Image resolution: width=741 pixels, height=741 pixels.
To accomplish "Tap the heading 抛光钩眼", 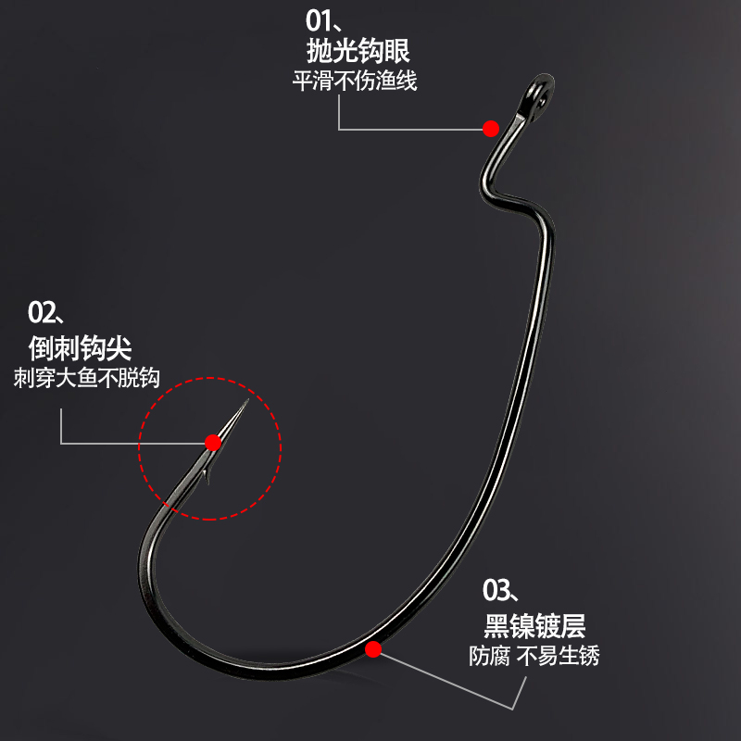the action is [358, 50].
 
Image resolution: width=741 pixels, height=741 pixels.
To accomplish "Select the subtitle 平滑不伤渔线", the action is [355, 81].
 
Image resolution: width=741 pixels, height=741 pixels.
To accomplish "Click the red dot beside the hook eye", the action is [491, 128].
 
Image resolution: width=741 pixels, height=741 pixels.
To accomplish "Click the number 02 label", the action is [43, 308].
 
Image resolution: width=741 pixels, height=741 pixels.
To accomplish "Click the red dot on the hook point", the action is [214, 441].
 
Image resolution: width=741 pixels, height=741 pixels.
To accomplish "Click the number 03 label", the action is [498, 588].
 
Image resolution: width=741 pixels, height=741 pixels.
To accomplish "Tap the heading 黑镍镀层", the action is [534, 625].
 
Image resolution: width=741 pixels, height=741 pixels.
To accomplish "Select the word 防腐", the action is [487, 656].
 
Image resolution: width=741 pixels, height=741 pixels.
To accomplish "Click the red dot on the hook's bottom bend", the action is [373, 649].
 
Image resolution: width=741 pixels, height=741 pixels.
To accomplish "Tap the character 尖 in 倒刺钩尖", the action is [119, 348].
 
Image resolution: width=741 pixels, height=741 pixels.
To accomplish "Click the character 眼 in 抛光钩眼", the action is [397, 50].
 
